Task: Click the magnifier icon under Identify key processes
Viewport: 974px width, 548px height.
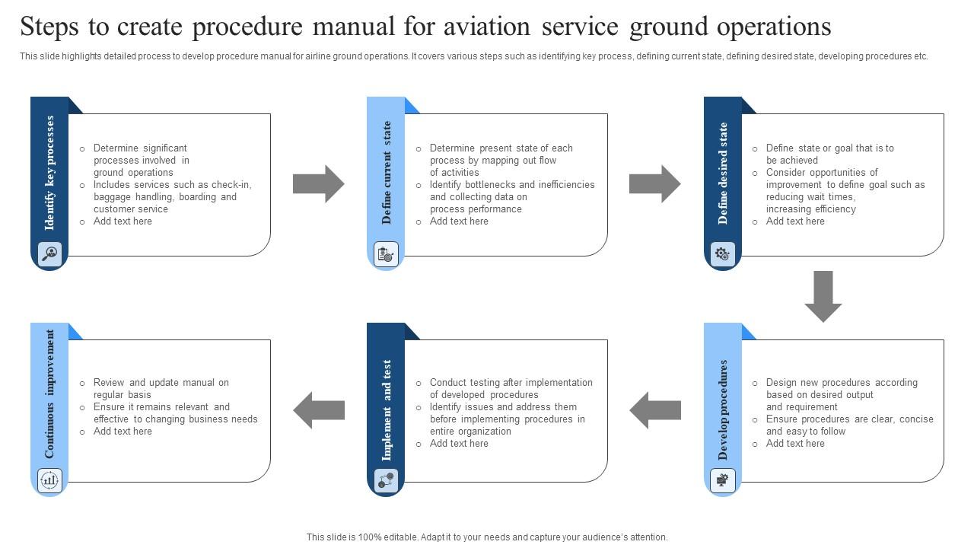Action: [x=49, y=253]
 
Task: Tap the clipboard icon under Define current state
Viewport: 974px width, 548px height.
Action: [x=386, y=253]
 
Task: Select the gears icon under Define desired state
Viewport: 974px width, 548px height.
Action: [x=722, y=253]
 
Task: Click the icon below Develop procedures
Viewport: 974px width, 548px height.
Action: [x=722, y=479]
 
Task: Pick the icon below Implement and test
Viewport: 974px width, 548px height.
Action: [x=386, y=479]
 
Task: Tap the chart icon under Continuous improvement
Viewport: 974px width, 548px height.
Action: [x=49, y=479]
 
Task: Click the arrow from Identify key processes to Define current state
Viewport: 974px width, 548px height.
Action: [x=319, y=183]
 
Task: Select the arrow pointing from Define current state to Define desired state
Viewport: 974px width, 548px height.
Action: [x=655, y=183]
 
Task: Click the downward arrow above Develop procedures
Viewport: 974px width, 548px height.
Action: [x=823, y=296]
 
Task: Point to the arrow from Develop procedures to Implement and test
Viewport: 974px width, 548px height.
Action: [x=655, y=410]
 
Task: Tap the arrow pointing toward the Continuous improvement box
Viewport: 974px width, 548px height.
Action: [x=319, y=410]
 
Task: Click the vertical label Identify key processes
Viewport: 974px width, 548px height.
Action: [x=50, y=173]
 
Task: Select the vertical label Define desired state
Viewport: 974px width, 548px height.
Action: [x=723, y=174]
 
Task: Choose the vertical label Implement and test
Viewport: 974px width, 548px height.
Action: [x=387, y=410]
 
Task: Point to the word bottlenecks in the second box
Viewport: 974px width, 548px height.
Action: [x=488, y=185]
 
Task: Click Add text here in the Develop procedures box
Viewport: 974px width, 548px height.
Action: [x=795, y=444]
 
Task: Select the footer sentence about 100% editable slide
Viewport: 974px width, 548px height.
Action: [x=487, y=537]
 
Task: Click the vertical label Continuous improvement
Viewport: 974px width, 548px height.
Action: [x=50, y=394]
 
